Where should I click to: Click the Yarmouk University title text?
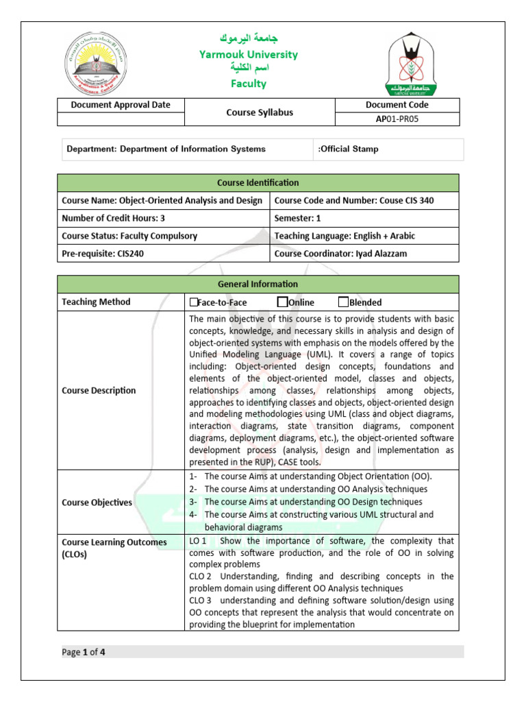(x=248, y=54)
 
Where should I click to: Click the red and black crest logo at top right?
(x=411, y=65)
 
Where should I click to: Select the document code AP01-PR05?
(x=397, y=119)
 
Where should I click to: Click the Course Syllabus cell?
(x=259, y=112)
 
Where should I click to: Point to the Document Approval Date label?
(x=121, y=105)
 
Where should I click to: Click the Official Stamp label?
(x=349, y=149)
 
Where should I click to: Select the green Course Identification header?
(x=258, y=183)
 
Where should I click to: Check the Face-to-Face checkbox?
(x=193, y=302)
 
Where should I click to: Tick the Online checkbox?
(x=282, y=302)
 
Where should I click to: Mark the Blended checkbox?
(x=343, y=302)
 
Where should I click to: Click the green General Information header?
(x=258, y=285)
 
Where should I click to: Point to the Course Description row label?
(x=99, y=391)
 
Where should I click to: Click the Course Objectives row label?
(x=97, y=503)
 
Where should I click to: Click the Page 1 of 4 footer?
(x=84, y=652)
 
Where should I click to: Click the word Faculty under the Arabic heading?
(x=248, y=84)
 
